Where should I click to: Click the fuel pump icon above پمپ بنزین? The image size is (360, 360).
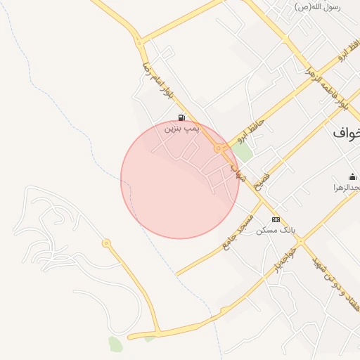[181, 117]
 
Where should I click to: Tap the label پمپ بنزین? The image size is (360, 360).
[182, 129]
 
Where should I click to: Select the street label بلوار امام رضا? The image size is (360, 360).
[156, 78]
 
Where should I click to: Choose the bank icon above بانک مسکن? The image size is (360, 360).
[276, 220]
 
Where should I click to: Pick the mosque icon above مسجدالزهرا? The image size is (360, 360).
[352, 176]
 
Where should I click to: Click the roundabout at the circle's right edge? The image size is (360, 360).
[220, 148]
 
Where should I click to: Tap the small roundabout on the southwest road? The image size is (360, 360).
[106, 243]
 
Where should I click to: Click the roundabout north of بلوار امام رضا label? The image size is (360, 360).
[139, 42]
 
